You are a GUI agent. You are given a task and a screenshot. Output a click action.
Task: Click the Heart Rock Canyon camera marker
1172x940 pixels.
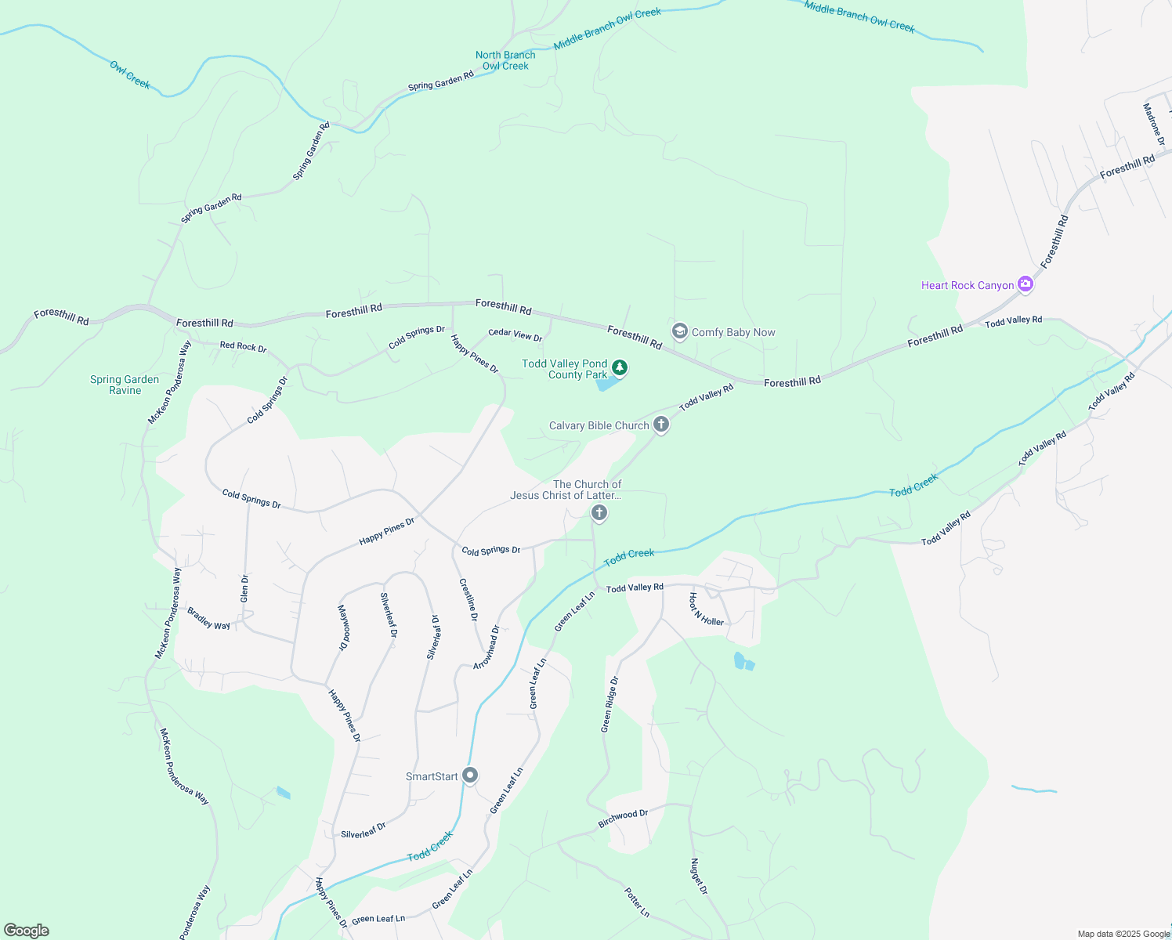coord(1025,284)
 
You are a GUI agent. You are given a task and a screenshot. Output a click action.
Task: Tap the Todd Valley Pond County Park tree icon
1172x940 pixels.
coord(620,367)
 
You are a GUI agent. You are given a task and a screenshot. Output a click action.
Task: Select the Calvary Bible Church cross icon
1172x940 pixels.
coord(661,425)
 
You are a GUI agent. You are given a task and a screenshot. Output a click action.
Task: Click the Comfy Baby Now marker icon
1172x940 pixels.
coord(680,332)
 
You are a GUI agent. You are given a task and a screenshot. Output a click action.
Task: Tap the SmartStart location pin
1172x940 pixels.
coord(470,775)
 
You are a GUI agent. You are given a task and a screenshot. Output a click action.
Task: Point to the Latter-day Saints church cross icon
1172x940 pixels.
coord(599,513)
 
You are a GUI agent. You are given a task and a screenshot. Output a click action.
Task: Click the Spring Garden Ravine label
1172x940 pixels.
coord(125,385)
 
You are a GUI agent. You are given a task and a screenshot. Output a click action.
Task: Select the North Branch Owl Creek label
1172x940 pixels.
coord(505,60)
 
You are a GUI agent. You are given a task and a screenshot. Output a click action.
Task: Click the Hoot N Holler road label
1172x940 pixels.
coord(706,609)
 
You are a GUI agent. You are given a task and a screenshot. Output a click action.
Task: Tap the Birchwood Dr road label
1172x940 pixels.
coord(623,819)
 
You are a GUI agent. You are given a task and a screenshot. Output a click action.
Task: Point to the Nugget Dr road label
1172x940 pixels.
coord(698,877)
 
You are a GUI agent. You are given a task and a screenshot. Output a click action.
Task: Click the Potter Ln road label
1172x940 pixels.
coord(637,902)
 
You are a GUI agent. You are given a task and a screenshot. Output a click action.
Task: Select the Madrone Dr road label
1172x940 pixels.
coord(1153,124)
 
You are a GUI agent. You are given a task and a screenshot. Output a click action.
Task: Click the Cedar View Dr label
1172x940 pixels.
coord(515,334)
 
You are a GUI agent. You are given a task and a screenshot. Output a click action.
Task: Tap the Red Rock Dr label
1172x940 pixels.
coord(243,346)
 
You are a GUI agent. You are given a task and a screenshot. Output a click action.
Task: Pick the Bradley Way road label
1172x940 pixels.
coord(208,618)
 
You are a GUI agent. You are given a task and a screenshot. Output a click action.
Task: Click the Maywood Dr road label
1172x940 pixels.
coord(342,627)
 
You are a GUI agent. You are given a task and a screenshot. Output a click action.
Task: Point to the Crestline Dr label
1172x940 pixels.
coord(468,599)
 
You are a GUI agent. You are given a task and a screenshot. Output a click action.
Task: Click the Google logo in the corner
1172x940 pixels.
coord(27,931)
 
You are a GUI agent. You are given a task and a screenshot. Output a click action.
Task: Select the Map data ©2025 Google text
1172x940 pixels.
coord(1123,934)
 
